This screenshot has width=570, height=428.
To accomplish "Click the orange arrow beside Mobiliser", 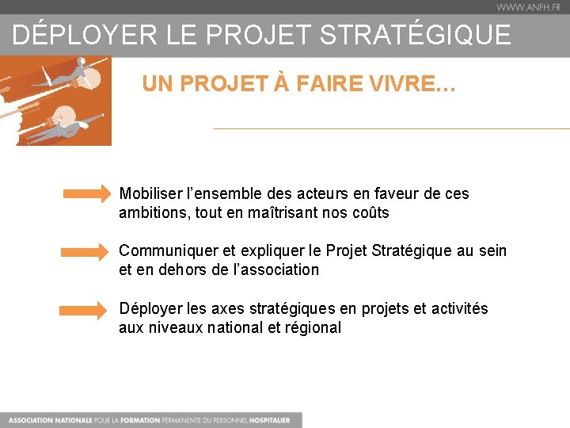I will [x=88, y=193].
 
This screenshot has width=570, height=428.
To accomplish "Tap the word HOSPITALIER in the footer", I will [x=268, y=420].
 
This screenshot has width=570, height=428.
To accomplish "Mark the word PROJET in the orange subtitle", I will [x=218, y=84].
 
